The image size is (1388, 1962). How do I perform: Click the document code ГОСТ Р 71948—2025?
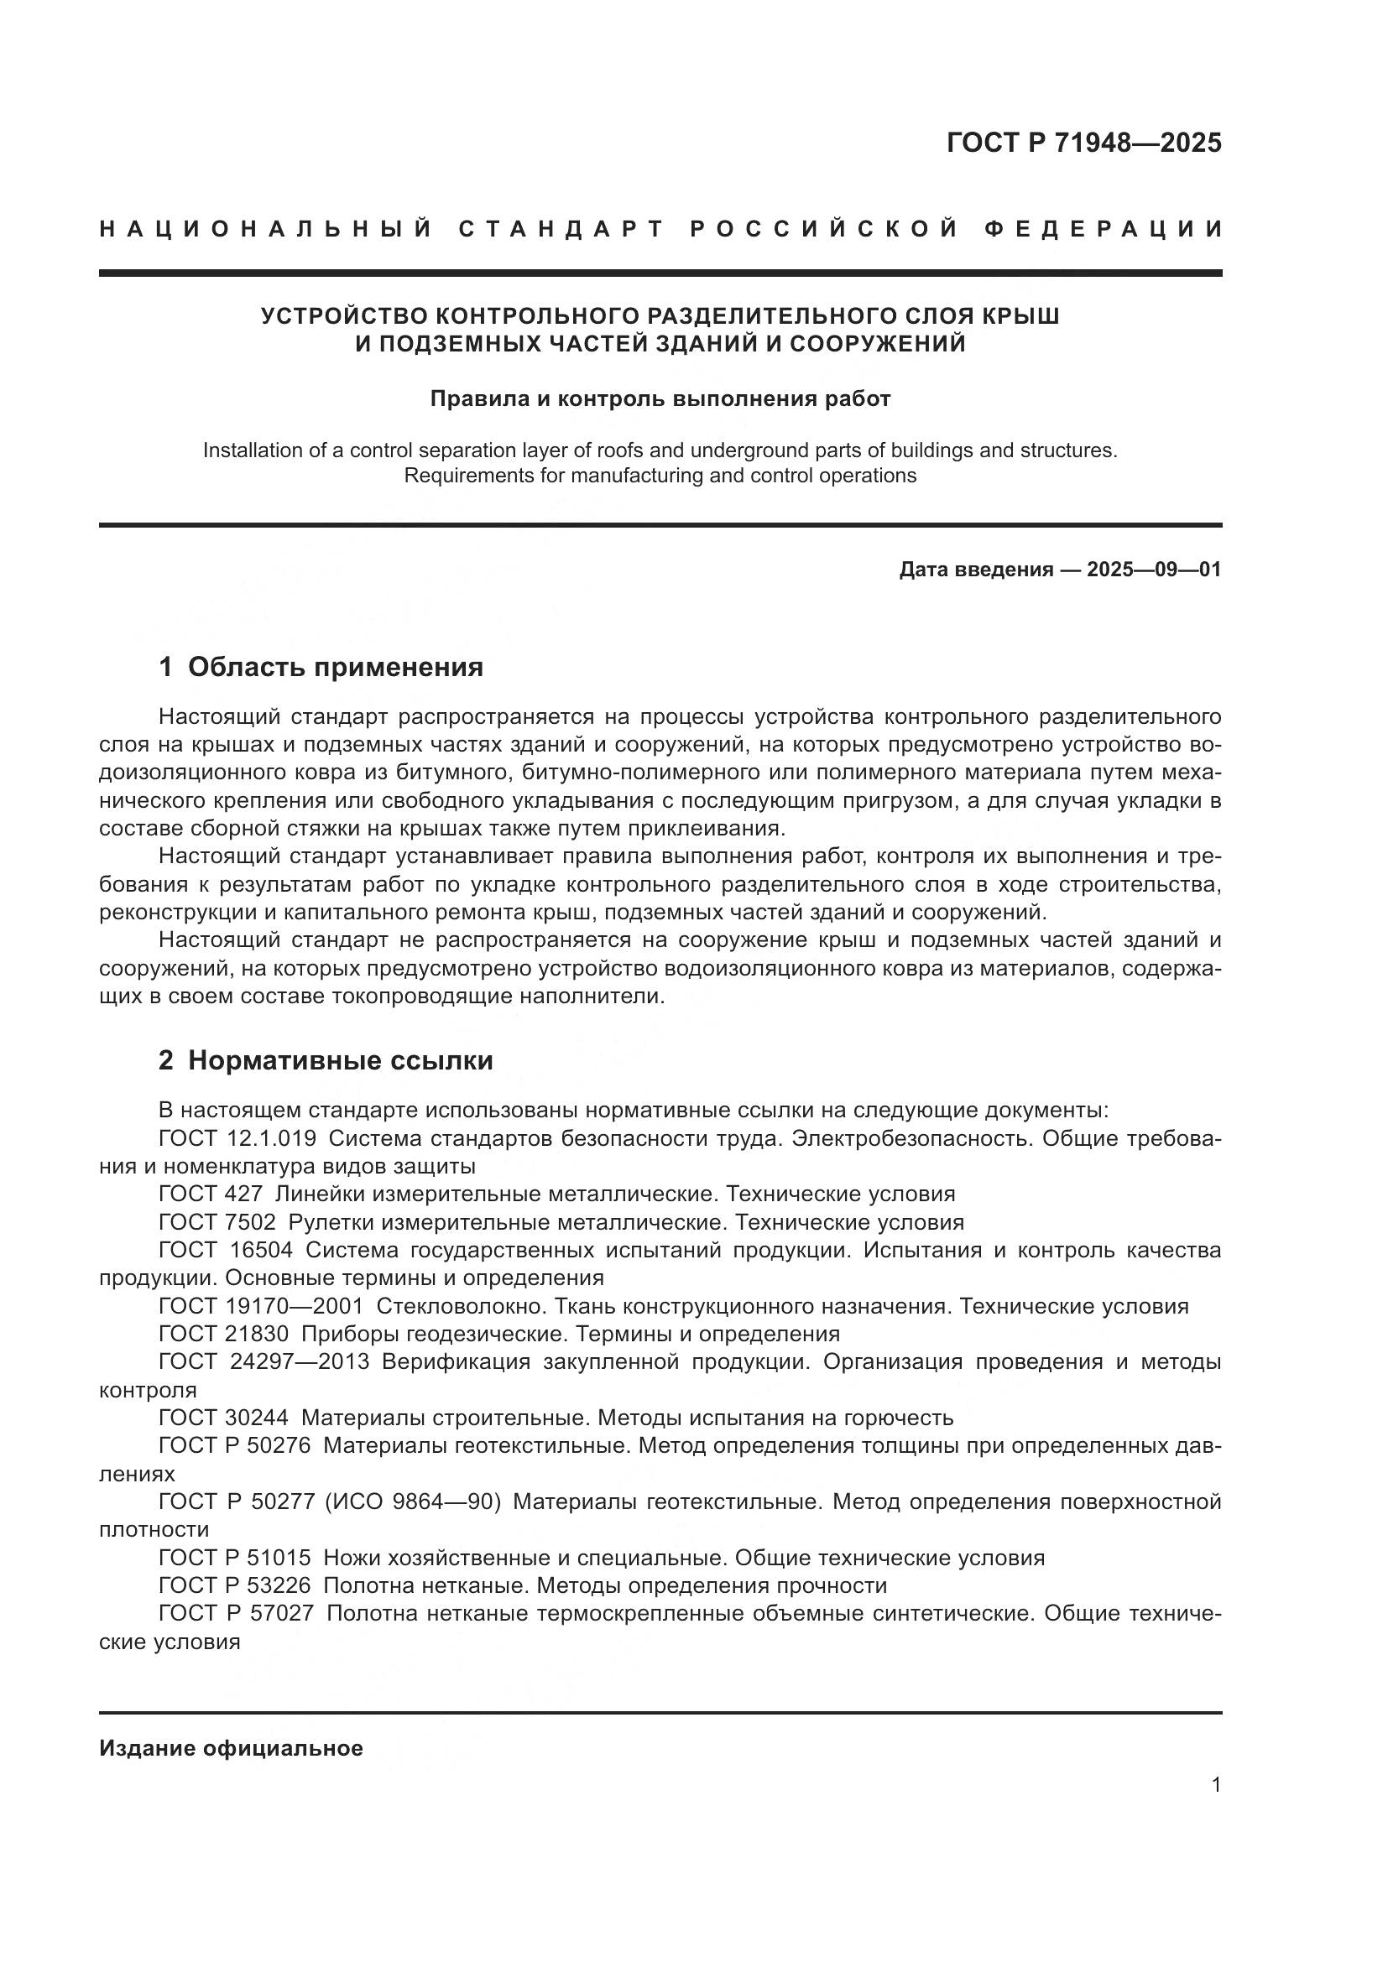coord(1083,143)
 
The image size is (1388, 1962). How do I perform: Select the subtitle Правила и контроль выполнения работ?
coord(660,399)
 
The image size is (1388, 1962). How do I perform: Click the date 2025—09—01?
coord(1154,569)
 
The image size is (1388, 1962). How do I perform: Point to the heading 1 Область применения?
coord(321,667)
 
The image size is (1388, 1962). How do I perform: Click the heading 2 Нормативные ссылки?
coord(326,1060)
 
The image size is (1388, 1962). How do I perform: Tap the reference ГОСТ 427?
coord(211,1194)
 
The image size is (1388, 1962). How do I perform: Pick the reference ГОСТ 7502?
coord(217,1222)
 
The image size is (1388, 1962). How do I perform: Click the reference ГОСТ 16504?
coord(226,1250)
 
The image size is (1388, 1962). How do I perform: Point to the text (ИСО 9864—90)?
coord(412,1501)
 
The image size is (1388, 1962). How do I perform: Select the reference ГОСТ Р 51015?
coord(234,1558)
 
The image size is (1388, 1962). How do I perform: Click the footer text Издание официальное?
coord(231,1748)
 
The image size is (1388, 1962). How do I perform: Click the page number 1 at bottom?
coord(1216,1785)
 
